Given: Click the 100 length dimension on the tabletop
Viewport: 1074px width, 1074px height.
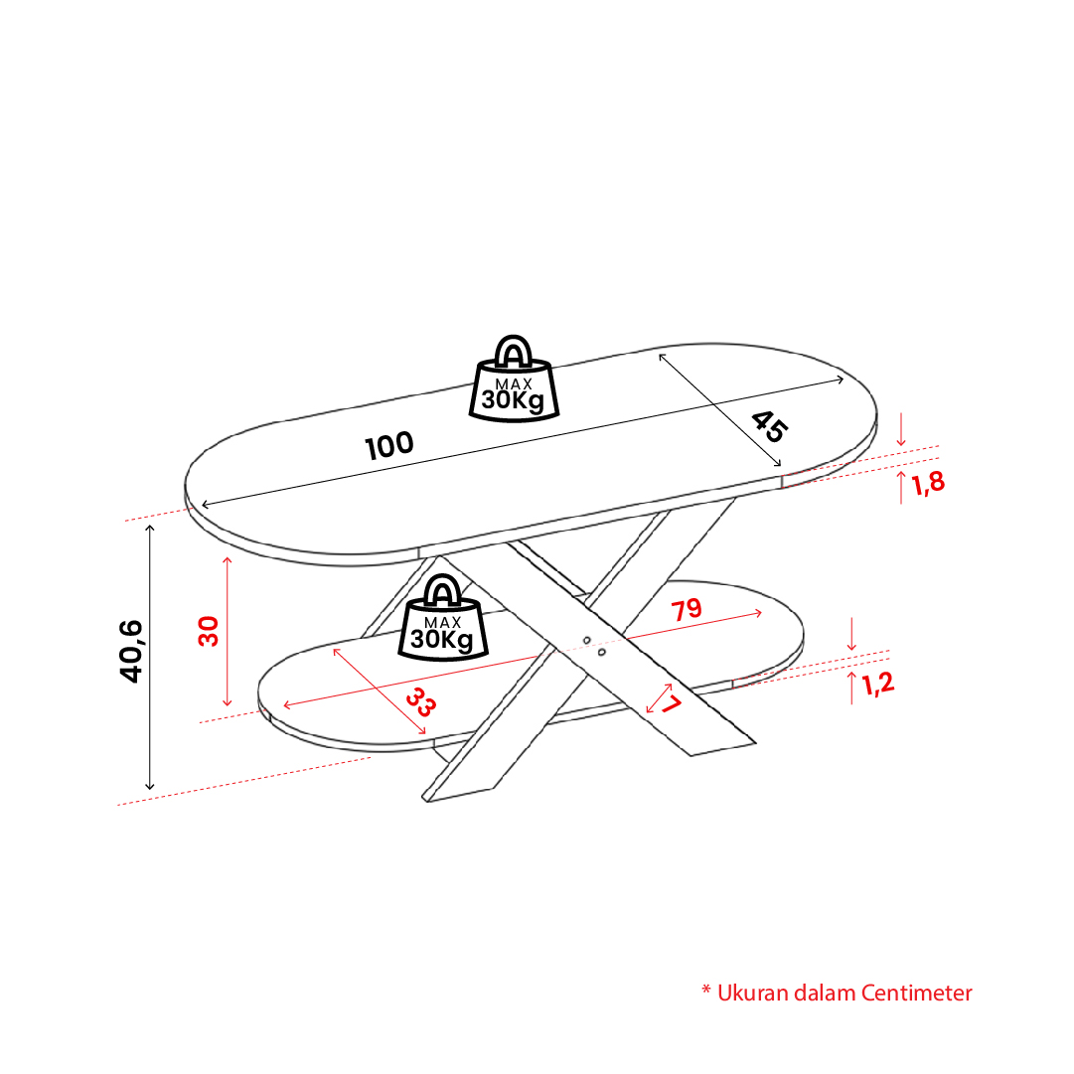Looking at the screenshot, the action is tap(389, 445).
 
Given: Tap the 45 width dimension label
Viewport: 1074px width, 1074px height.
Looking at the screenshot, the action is tap(769, 427).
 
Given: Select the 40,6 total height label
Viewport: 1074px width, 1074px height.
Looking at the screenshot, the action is tap(131, 651).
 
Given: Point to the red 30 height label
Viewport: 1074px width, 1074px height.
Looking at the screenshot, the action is tap(209, 631).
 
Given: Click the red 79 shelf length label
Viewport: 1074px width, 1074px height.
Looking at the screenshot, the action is tap(687, 610).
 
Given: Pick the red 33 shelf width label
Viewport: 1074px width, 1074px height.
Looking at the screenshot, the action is tap(420, 702).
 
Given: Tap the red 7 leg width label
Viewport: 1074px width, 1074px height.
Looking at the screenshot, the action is tap(672, 703).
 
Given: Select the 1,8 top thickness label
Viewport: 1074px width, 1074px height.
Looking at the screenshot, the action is tap(928, 484).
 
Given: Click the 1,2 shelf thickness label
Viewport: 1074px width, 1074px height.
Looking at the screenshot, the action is tap(878, 684).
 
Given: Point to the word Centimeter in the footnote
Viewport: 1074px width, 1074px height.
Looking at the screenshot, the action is tap(916, 993).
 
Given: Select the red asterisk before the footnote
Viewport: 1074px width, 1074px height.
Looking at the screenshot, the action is tap(706, 990).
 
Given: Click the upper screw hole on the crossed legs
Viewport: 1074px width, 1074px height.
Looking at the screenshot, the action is tap(587, 641).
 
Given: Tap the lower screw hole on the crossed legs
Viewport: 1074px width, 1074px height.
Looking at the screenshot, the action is tap(601, 652).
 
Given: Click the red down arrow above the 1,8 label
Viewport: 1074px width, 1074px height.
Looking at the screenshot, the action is tap(901, 429).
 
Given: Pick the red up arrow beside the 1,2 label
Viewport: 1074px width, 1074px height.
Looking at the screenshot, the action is tap(851, 688).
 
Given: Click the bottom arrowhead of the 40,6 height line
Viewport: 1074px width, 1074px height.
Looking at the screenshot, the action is tap(149, 786).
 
